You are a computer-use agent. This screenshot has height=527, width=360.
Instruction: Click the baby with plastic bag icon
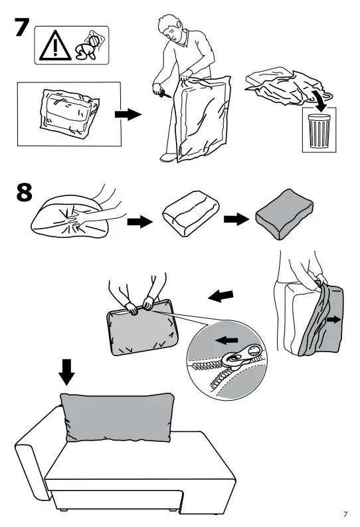(x=90, y=44)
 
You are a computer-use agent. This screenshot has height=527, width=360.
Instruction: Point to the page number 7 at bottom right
(x=345, y=514)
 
